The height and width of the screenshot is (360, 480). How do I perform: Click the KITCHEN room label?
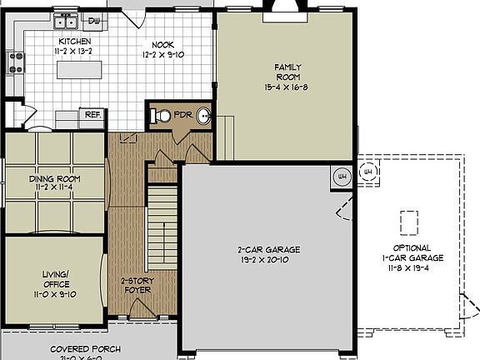pos(74,41)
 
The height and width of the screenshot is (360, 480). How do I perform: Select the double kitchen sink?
pos(64,22)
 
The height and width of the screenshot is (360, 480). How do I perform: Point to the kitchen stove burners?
pos(15,61)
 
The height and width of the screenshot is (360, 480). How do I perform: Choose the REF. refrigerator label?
pos(92,114)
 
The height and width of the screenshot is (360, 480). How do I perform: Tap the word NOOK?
pos(163,45)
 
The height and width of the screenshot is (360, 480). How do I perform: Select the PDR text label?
pos(182,114)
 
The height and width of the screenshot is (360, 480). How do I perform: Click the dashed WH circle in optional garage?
pos(367,173)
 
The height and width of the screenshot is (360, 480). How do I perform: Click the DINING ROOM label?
pos(54,178)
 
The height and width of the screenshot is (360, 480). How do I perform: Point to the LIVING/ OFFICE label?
pos(55,278)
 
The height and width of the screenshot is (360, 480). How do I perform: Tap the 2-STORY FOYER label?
pos(135,286)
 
